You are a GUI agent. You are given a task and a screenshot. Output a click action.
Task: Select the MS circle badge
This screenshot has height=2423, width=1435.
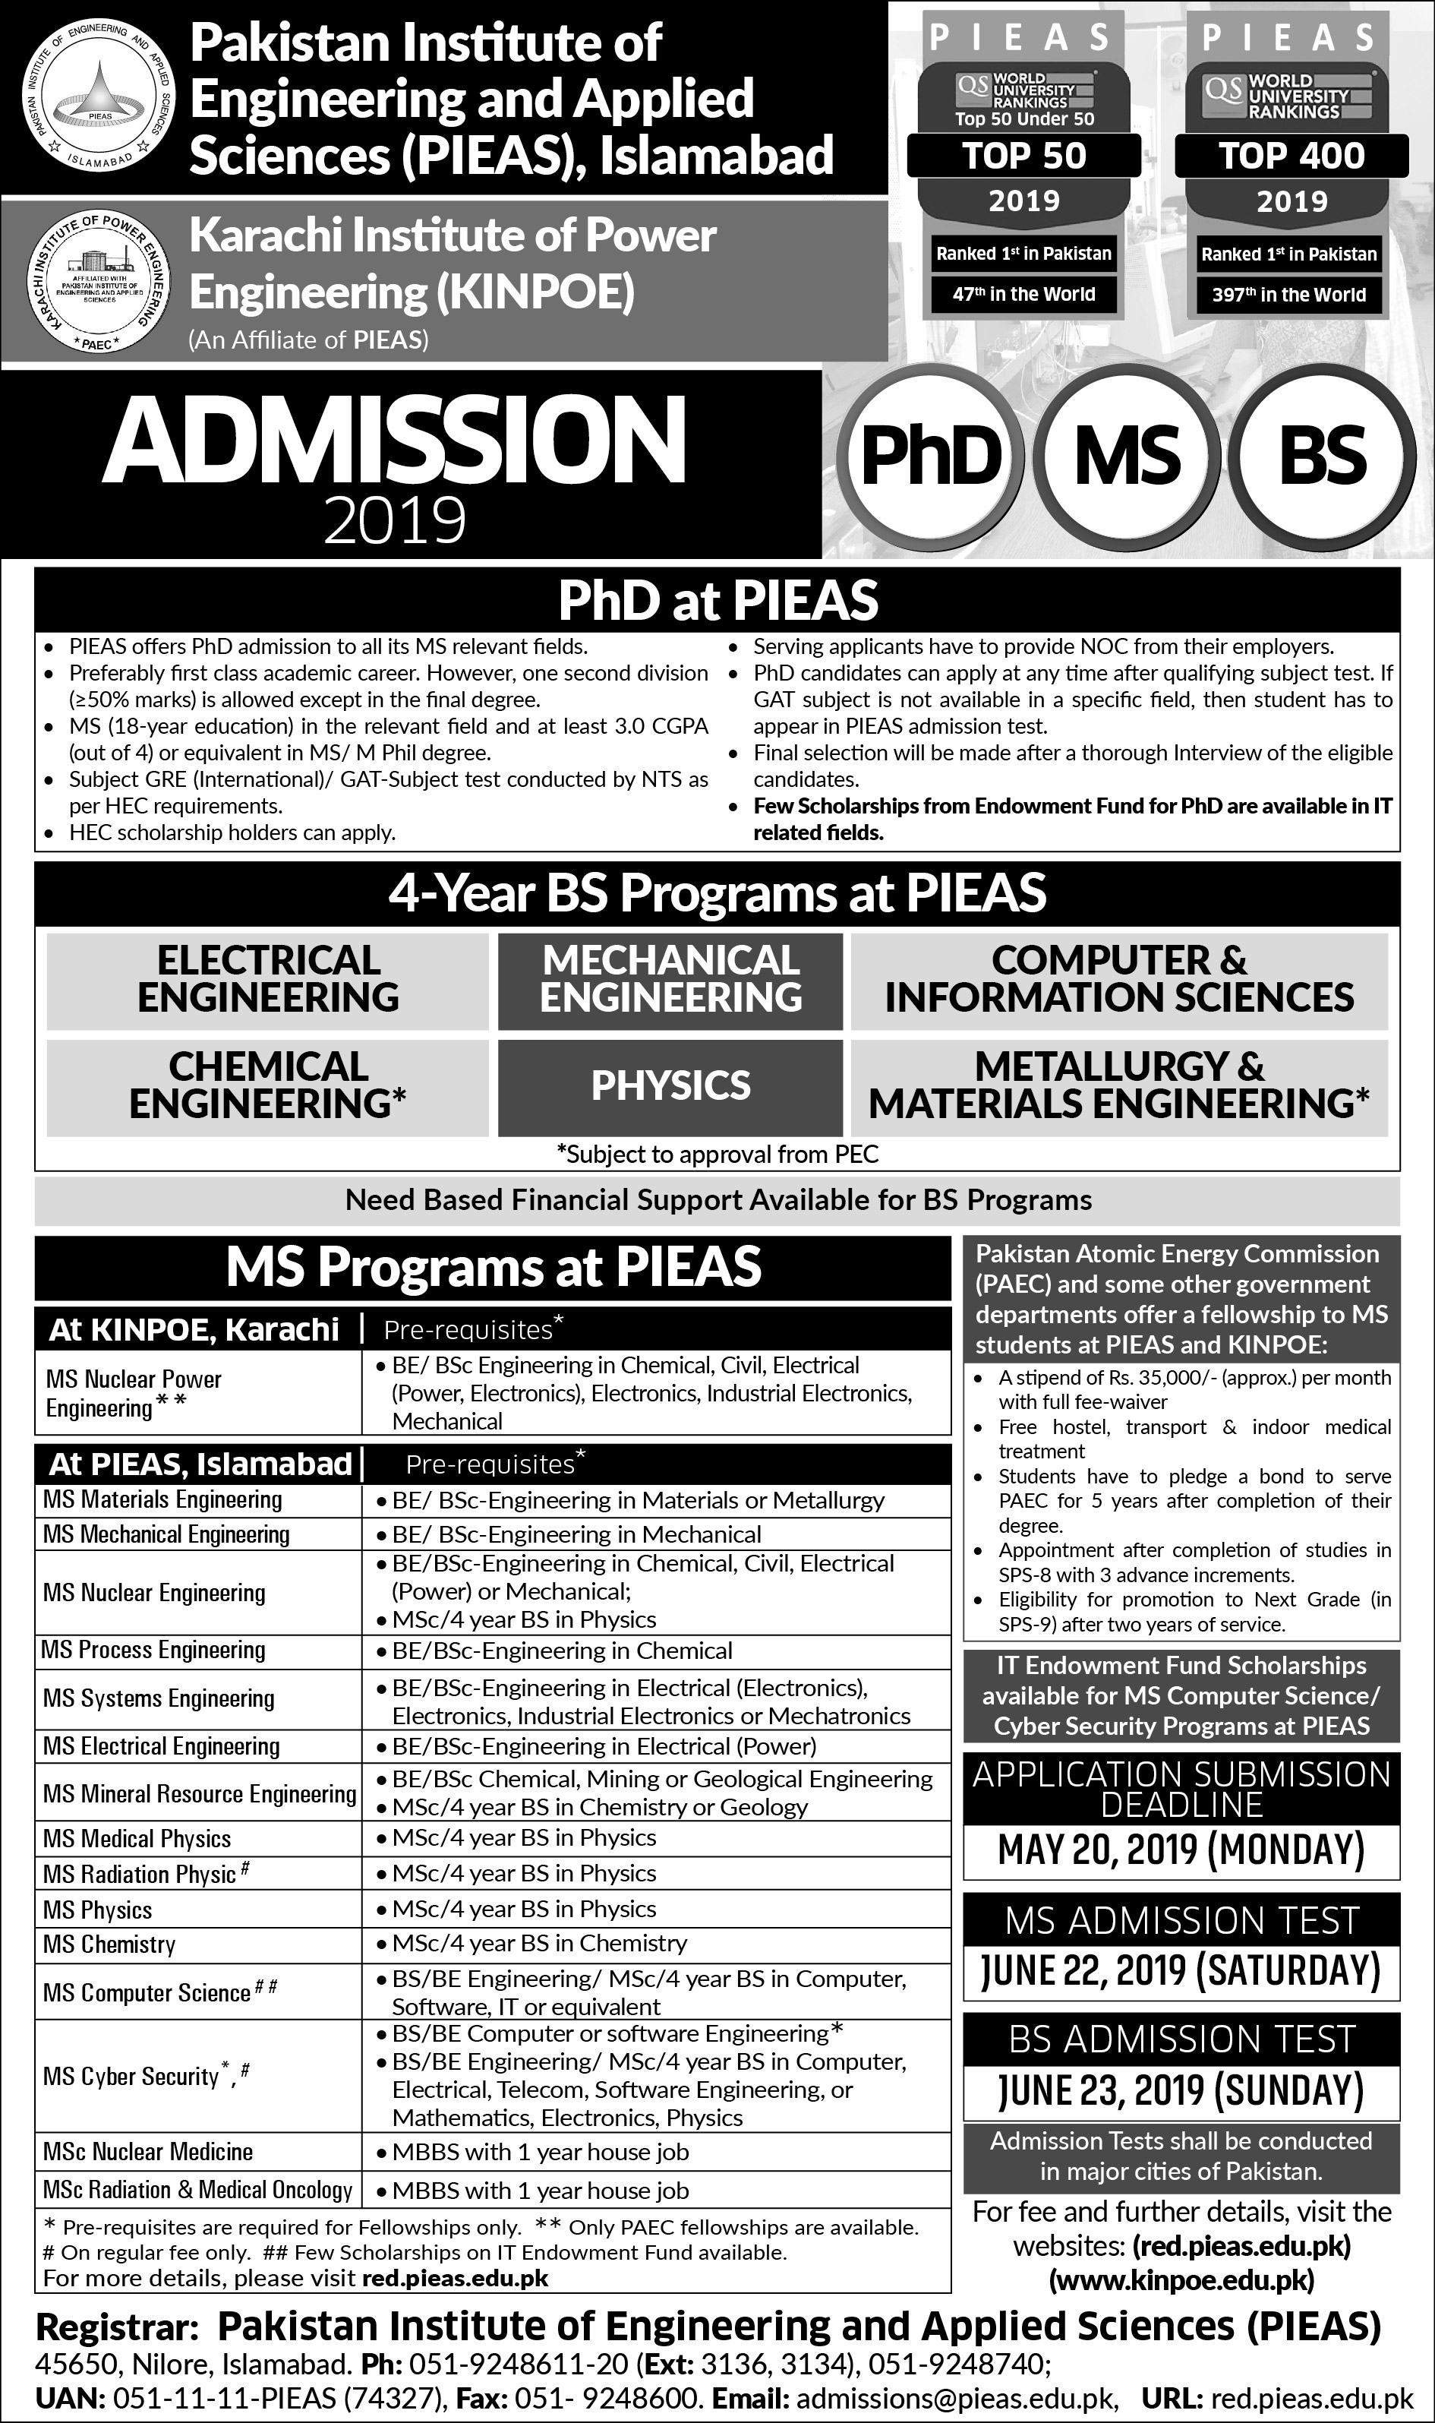tap(1127, 456)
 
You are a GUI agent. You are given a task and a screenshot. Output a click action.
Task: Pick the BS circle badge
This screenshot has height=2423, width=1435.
tap(1322, 456)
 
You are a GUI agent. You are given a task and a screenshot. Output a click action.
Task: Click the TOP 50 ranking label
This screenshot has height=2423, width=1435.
tap(1024, 156)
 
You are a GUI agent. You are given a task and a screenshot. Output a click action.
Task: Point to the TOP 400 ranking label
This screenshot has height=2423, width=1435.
tap(1291, 156)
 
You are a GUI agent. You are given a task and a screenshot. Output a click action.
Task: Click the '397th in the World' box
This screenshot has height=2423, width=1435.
tap(1289, 295)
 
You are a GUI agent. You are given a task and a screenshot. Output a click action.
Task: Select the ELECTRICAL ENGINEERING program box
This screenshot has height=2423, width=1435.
tap(268, 979)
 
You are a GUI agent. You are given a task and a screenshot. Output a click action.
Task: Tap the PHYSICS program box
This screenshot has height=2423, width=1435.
tap(670, 1085)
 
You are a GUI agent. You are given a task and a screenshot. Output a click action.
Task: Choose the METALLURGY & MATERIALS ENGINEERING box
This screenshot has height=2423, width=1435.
tap(1119, 1085)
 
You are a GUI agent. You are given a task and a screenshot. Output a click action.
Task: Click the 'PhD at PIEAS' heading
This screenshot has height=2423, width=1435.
tap(717, 601)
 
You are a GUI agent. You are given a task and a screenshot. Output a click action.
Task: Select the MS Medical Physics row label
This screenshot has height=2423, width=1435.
tap(137, 1839)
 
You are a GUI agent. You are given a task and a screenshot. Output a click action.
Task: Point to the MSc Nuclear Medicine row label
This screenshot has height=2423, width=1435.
tap(148, 2151)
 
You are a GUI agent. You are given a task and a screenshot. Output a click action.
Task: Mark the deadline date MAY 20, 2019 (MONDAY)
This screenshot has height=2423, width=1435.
tap(1181, 1850)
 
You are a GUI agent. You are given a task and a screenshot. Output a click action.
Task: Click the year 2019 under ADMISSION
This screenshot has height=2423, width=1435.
tap(395, 520)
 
